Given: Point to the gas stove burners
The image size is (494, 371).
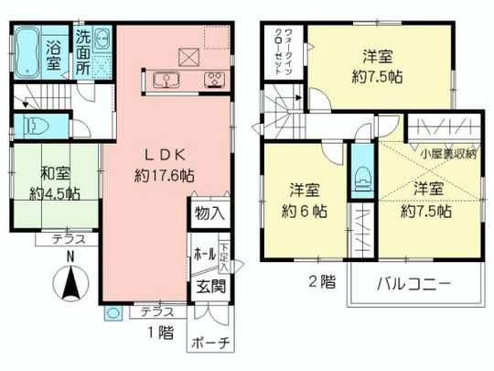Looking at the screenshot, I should click(217, 80).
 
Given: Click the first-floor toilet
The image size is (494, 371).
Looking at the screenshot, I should click(39, 125).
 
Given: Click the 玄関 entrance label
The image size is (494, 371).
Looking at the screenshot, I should click(208, 286).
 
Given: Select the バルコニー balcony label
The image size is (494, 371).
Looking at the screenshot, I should click(413, 284).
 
